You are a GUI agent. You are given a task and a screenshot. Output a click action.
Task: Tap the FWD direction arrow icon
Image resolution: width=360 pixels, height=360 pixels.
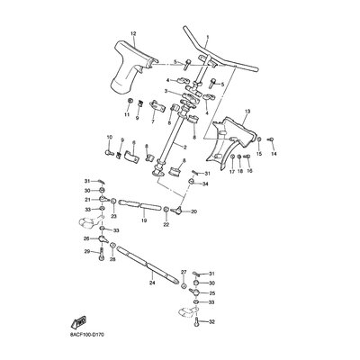(x=79, y=319)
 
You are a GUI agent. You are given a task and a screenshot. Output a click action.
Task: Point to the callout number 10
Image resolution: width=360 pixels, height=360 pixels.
(x=109, y=137)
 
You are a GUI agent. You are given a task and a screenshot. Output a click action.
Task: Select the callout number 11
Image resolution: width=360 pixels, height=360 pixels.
(x=127, y=114)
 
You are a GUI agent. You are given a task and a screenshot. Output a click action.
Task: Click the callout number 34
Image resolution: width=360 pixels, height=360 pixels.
(x=205, y=184)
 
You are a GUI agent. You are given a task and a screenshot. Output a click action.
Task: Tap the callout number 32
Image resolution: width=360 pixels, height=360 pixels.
(x=211, y=320)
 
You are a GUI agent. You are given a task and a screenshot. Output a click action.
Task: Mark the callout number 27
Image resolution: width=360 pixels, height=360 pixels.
(x=183, y=271)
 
